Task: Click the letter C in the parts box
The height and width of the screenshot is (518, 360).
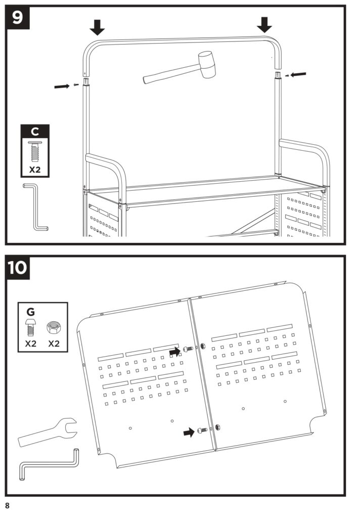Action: pyautogui.click(x=34, y=132)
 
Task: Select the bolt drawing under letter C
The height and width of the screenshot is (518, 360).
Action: pyautogui.click(x=34, y=150)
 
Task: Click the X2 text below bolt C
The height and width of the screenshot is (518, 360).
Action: pyautogui.click(x=34, y=169)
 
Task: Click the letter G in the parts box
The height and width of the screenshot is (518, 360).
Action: pyautogui.click(x=31, y=311)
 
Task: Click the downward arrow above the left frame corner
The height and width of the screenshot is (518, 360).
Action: pyautogui.click(x=98, y=27)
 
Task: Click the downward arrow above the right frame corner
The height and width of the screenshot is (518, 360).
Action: pyautogui.click(x=264, y=24)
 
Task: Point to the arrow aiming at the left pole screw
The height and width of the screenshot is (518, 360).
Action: pyautogui.click(x=62, y=86)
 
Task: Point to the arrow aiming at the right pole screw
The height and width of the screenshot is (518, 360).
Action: pyautogui.click(x=299, y=74)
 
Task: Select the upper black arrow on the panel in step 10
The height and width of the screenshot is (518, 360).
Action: pyautogui.click(x=175, y=351)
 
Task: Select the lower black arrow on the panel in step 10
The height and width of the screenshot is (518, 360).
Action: pyautogui.click(x=189, y=432)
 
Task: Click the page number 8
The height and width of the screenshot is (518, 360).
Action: pyautogui.click(x=8, y=505)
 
